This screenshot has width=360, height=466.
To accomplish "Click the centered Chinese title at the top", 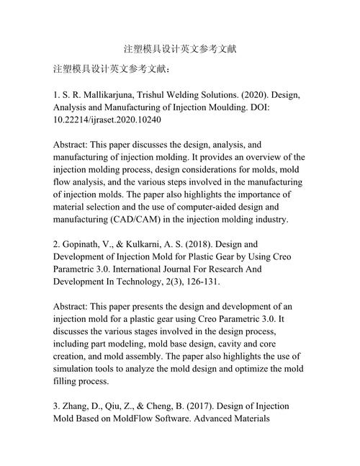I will (x=180, y=50).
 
